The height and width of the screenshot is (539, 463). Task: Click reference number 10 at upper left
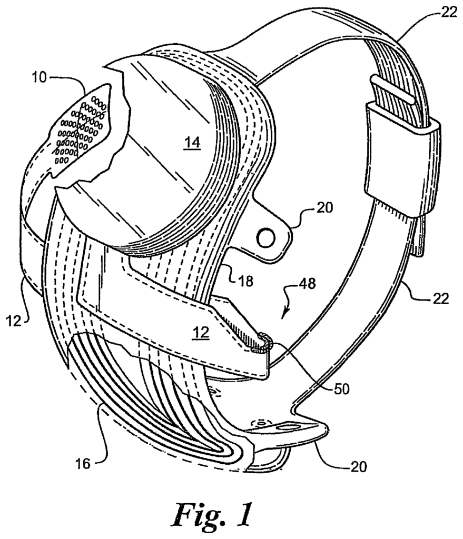[39, 77]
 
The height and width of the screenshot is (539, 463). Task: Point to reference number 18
[245, 281]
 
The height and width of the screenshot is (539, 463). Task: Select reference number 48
[308, 284]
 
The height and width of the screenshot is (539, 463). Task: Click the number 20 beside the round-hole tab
[324, 207]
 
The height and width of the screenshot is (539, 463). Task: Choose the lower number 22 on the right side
[441, 298]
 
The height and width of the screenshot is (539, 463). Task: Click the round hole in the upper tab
[266, 238]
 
